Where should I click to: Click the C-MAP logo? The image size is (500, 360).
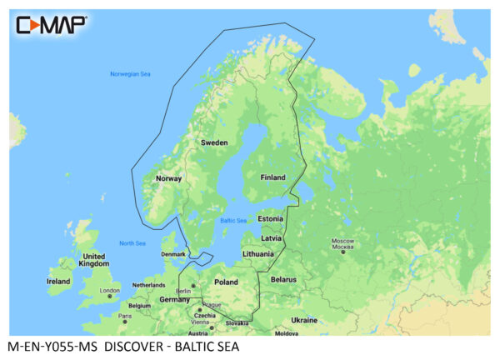(51, 24)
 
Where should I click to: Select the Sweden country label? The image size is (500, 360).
(214, 143)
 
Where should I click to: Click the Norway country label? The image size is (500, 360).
(169, 178)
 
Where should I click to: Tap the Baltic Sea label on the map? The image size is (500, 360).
(232, 221)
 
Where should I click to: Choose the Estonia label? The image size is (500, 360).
(271, 218)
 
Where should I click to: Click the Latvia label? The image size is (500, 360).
(272, 237)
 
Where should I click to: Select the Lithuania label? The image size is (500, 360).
(258, 253)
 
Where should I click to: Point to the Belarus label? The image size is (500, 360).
(283, 279)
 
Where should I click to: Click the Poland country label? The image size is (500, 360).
(226, 282)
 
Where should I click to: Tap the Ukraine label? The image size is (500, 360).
(304, 320)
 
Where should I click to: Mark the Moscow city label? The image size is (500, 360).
(343, 243)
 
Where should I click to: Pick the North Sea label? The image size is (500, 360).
(132, 243)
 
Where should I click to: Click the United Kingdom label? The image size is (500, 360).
(93, 261)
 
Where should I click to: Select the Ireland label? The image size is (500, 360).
(58, 282)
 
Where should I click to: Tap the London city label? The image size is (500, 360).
(110, 291)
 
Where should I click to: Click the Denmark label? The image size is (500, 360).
(172, 254)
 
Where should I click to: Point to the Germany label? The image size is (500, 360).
(175, 298)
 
